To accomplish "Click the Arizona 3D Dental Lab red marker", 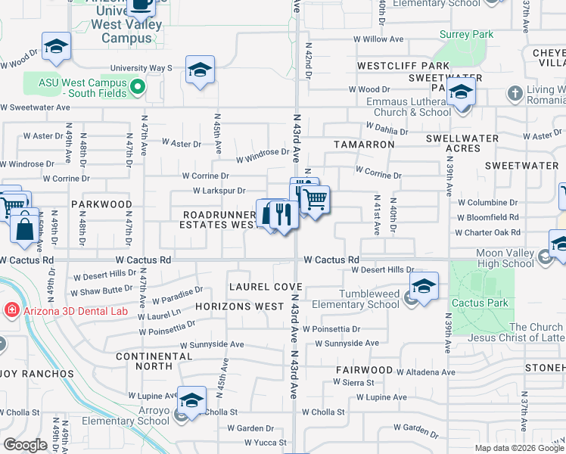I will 11,310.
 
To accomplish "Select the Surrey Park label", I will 466,34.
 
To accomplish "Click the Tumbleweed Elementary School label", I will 357,300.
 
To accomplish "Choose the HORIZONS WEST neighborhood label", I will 239,306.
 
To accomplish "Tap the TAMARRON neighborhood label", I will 365,144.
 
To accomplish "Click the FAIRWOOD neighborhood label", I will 365,370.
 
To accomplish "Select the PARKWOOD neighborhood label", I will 101,204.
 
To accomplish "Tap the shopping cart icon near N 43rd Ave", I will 315,199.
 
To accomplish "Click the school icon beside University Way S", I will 200,70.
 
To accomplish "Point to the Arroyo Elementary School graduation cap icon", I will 191,400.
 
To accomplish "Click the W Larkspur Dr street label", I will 220,191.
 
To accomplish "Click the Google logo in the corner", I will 25,445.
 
